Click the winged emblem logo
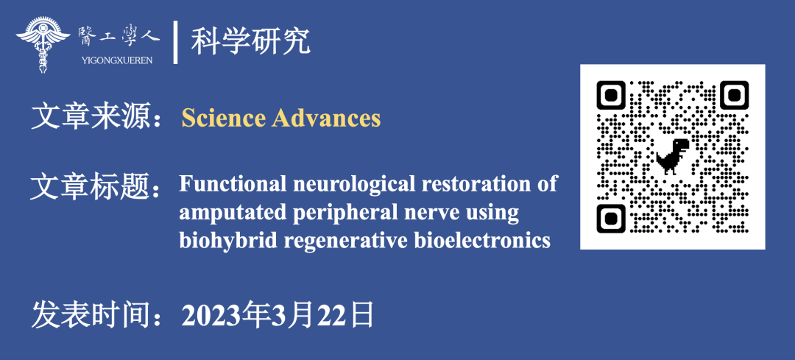click(43, 45)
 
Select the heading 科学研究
click(251, 42)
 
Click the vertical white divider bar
click(175, 43)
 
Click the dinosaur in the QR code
click(673, 157)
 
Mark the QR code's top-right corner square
click(735, 95)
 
